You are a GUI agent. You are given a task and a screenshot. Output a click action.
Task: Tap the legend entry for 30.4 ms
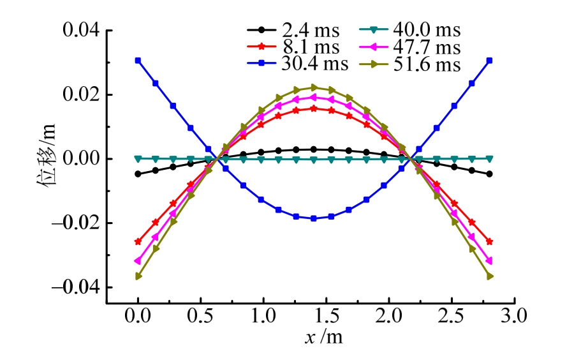pyautogui.click(x=297, y=64)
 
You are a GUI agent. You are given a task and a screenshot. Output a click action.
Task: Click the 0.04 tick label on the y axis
pyautogui.click(x=76, y=31)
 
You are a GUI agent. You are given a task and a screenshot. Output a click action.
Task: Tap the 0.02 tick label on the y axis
pyautogui.click(x=76, y=94)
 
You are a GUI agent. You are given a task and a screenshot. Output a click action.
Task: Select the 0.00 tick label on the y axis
pyautogui.click(x=76, y=159)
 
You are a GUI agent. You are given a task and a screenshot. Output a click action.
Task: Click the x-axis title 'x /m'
pyautogui.click(x=325, y=337)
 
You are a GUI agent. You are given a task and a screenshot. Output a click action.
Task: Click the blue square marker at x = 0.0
pyautogui.click(x=138, y=60)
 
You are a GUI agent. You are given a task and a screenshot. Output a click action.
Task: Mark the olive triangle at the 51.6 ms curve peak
pyautogui.click(x=314, y=87)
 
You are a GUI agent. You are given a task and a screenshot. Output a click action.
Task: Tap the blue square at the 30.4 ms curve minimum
pyautogui.click(x=314, y=218)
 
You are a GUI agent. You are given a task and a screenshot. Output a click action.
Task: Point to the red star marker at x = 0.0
pyautogui.click(x=138, y=242)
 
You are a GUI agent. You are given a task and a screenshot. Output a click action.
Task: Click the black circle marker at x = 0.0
pyautogui.click(x=138, y=174)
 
